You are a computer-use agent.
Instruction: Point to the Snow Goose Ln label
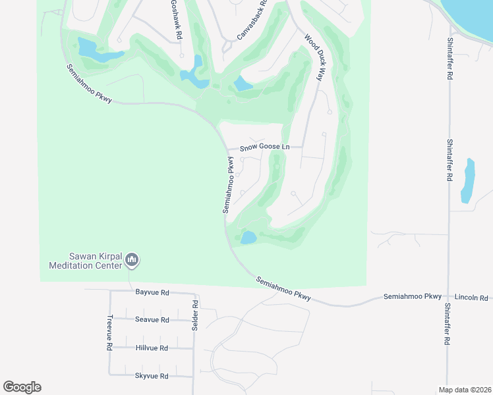click(264, 147)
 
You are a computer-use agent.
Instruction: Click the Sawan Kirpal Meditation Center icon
click(132, 261)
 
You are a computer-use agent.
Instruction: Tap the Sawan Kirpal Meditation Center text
click(86, 261)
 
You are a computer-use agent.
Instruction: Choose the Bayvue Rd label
click(152, 292)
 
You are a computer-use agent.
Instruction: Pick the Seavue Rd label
click(152, 319)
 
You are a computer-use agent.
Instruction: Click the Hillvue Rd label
click(152, 348)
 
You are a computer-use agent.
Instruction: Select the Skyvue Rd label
click(152, 376)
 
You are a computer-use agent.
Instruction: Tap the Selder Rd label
click(196, 316)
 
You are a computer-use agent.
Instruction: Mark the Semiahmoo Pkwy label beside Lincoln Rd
click(413, 297)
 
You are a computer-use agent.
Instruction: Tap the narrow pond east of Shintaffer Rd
click(468, 180)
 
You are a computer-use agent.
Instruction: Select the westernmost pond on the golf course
click(92, 50)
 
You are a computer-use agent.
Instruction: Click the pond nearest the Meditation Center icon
click(248, 237)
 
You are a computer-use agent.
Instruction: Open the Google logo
click(22, 386)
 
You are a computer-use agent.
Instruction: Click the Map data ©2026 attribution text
click(464, 389)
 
